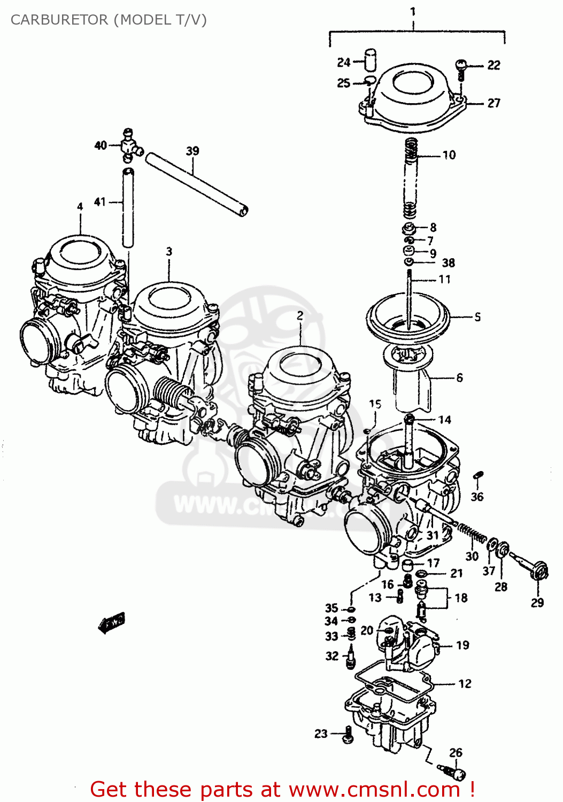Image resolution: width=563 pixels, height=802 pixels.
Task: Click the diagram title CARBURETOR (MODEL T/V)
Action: click(109, 20)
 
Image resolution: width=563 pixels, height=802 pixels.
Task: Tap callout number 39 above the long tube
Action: click(192, 151)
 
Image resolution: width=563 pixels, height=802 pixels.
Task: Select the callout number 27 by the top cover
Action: click(493, 103)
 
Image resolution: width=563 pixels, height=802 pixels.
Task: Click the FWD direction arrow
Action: click(112, 622)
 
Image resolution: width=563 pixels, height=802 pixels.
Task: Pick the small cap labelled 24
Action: click(370, 59)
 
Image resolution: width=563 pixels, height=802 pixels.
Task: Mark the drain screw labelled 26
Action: click(452, 772)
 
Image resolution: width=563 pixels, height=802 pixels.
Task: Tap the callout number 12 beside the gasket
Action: click(465, 683)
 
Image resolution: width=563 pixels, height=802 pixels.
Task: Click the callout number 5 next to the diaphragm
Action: click(477, 317)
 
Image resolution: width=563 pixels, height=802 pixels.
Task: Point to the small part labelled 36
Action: click(479, 475)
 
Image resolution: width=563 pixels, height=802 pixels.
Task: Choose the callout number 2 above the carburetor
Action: click(300, 315)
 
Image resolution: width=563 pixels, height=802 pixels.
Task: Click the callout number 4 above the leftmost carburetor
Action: click(80, 206)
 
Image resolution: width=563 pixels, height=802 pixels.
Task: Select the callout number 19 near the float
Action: click(462, 645)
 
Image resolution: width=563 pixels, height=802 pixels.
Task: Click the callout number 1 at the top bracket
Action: click(413, 11)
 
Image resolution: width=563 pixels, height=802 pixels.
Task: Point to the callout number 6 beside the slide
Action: click(459, 377)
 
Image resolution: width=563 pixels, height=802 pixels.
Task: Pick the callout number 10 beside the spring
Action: click(449, 155)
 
